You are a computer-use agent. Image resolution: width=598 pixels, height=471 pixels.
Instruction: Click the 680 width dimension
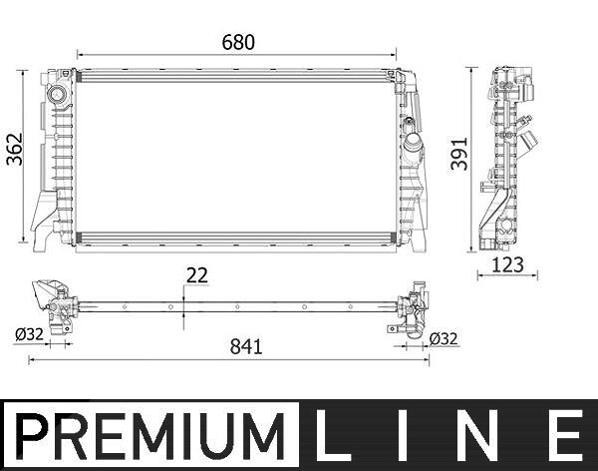click(x=238, y=42)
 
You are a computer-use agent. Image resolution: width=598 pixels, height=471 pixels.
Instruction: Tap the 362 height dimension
click(x=15, y=150)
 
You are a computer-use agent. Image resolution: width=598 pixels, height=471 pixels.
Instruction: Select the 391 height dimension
click(x=459, y=154)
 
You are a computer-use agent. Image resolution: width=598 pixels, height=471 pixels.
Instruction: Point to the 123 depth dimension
click(x=507, y=264)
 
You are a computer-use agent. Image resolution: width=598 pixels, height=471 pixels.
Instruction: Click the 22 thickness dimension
click(x=196, y=275)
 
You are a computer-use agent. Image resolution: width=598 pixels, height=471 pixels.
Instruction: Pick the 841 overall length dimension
click(x=246, y=347)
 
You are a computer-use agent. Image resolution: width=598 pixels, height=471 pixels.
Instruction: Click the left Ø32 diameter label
click(x=29, y=334)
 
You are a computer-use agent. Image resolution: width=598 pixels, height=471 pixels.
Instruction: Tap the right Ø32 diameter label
click(x=444, y=339)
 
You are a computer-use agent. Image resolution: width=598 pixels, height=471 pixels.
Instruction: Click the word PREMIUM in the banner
click(x=150, y=437)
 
